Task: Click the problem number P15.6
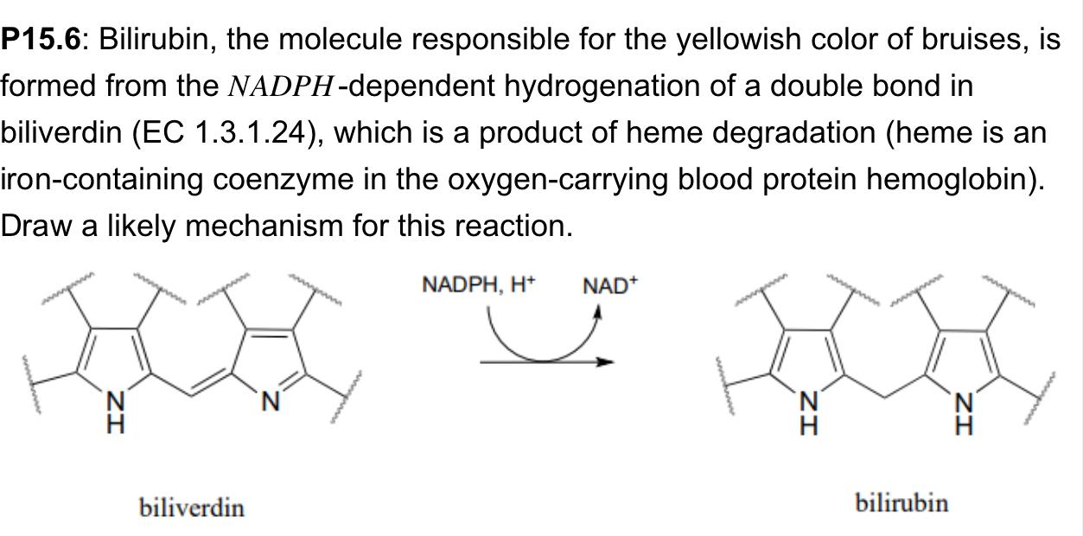(x=41, y=40)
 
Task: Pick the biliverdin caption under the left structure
(x=192, y=507)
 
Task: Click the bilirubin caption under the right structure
(x=901, y=502)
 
